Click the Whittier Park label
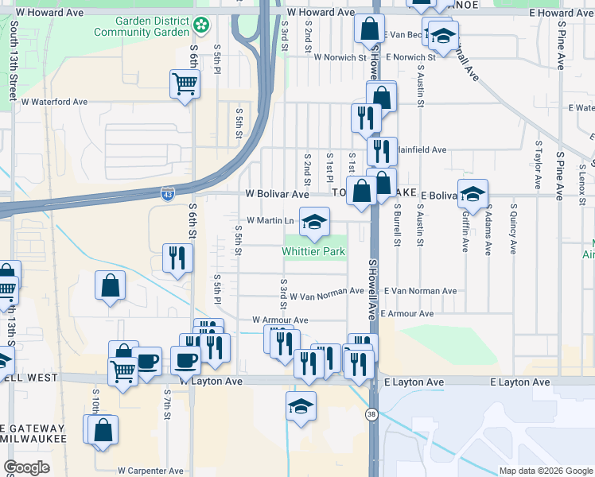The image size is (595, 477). [314, 252]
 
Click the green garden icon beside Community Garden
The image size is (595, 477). [203, 25]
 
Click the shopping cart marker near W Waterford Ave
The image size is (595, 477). [185, 83]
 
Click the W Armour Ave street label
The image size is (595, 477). [280, 320]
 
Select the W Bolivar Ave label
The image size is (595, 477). [277, 194]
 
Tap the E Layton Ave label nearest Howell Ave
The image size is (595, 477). [414, 382]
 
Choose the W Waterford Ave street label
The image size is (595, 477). [54, 102]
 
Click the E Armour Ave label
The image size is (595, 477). [407, 314]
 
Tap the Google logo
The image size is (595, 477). [27, 467]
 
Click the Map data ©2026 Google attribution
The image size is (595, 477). [545, 471]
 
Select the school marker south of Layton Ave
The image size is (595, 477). [301, 406]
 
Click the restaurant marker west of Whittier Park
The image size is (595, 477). [177, 258]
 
